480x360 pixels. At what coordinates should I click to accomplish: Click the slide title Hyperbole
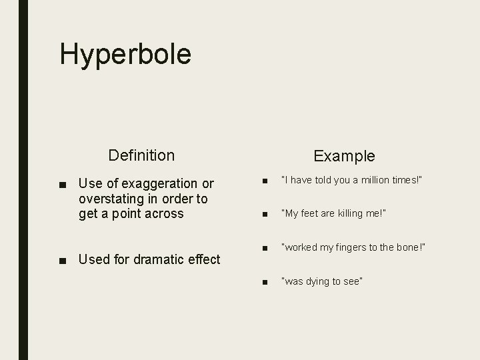tap(125, 54)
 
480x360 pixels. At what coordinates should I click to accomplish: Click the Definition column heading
tap(141, 155)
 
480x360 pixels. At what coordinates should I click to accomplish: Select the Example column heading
tap(344, 156)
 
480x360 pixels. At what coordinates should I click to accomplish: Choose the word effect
tap(202, 259)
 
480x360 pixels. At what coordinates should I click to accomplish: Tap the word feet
tap(313, 213)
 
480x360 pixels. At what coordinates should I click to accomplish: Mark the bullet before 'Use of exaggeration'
tap(62, 184)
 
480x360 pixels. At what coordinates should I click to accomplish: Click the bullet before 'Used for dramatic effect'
tap(62, 260)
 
